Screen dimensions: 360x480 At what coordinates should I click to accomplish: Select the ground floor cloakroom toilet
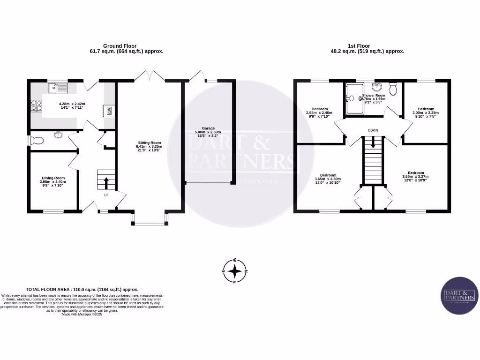point(37,140)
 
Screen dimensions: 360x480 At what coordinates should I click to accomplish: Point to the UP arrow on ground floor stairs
point(106,182)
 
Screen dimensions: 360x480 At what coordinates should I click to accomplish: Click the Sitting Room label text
point(149,142)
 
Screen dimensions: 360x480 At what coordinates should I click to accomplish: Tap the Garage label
point(208,128)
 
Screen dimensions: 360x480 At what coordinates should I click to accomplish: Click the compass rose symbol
point(235,271)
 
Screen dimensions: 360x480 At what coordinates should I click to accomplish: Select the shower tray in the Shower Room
point(353,99)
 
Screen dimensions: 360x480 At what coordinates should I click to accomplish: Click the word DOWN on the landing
point(373,130)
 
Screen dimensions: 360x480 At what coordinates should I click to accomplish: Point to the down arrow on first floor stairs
point(373,143)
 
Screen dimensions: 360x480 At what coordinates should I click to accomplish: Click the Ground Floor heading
point(120,46)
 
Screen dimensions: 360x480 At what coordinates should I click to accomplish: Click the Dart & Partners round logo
point(459,295)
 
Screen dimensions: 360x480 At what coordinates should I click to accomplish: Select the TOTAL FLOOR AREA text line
point(82,290)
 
